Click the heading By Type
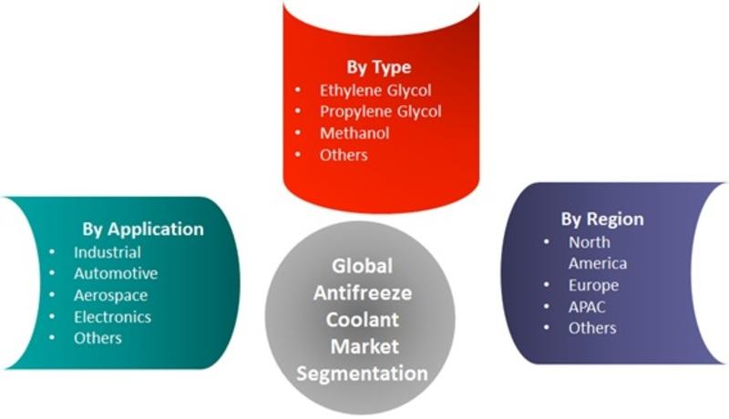click(378, 67)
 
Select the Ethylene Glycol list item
click(375, 90)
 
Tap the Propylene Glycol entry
click(380, 112)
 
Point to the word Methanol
click(354, 133)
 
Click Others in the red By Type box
click(344, 155)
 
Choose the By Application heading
click(143, 230)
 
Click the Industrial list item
click(108, 252)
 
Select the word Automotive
click(116, 273)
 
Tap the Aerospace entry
click(110, 295)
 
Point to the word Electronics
click(112, 317)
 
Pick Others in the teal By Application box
click(98, 338)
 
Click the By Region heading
click(602, 220)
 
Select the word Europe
click(593, 285)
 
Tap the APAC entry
click(587, 307)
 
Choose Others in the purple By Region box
click(592, 328)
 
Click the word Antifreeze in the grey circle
click(363, 293)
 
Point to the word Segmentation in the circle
click(362, 374)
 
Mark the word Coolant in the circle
click(362, 320)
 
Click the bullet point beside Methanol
click(298, 133)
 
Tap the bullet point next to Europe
click(546, 285)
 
